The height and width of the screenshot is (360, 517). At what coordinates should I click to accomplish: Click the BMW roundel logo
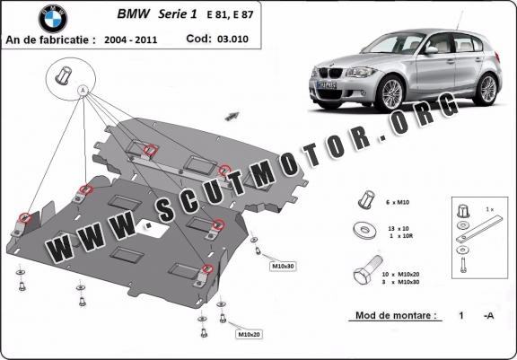tap(53, 19)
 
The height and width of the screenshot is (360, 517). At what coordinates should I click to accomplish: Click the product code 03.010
tap(232, 39)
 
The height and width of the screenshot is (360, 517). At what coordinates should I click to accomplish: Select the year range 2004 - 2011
tap(130, 40)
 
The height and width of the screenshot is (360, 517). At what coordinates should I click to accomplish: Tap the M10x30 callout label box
tap(283, 266)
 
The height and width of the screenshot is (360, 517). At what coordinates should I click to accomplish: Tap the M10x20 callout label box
tap(250, 335)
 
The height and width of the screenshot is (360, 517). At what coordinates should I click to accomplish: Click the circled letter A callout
tap(83, 90)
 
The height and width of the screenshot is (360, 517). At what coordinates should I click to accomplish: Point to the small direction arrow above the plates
tap(232, 116)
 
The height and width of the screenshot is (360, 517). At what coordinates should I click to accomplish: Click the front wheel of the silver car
tap(390, 93)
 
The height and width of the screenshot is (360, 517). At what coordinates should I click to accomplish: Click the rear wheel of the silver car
tap(486, 89)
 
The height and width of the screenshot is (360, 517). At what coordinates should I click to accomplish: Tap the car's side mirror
tap(431, 50)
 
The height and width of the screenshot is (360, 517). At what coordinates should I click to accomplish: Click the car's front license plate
tap(326, 85)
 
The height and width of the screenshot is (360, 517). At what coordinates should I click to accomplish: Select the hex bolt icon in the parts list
tap(366, 270)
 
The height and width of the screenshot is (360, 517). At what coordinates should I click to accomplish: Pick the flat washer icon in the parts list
tap(364, 230)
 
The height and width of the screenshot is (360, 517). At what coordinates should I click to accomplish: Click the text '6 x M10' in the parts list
tap(398, 202)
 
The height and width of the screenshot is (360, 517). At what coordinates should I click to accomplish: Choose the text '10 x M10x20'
tap(400, 275)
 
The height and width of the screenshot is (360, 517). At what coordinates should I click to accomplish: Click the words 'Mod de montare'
tap(393, 315)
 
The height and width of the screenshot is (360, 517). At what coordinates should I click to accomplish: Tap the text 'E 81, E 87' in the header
tap(230, 15)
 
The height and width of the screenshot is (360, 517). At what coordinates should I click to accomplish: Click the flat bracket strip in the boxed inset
tap(479, 229)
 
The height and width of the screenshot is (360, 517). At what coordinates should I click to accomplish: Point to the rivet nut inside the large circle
tap(63, 75)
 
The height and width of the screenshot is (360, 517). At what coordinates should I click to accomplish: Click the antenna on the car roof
tap(460, 21)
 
